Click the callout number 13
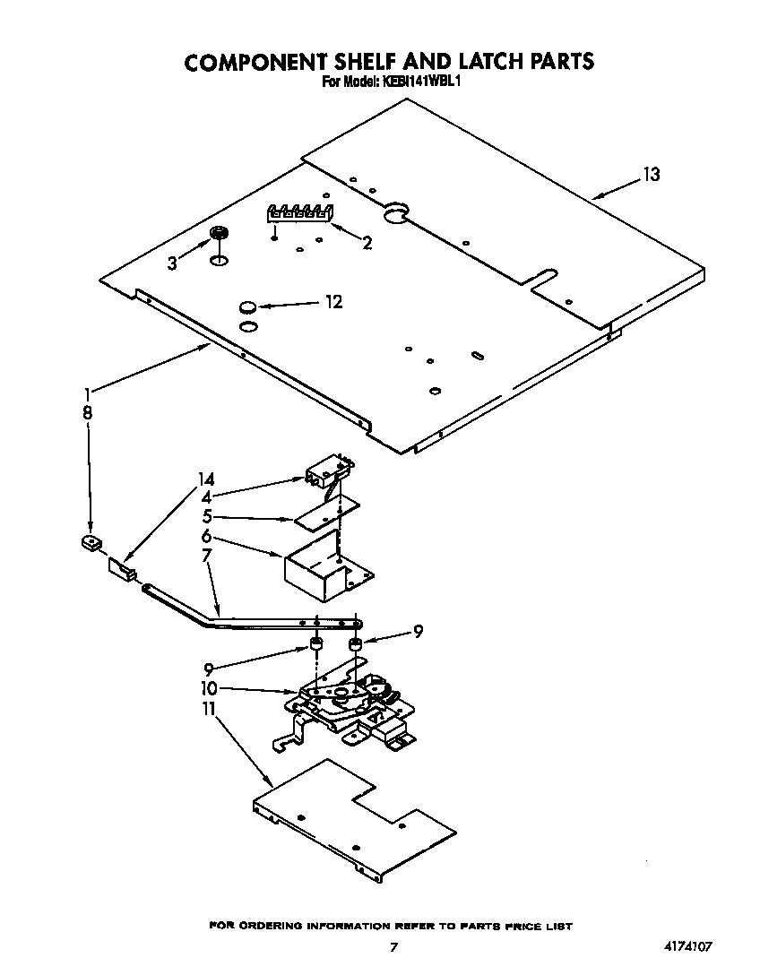click(651, 175)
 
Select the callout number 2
click(367, 241)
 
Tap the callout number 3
click(173, 263)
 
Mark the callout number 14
click(206, 479)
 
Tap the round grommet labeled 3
click(217, 235)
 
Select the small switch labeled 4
click(324, 470)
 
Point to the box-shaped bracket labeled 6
click(323, 575)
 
